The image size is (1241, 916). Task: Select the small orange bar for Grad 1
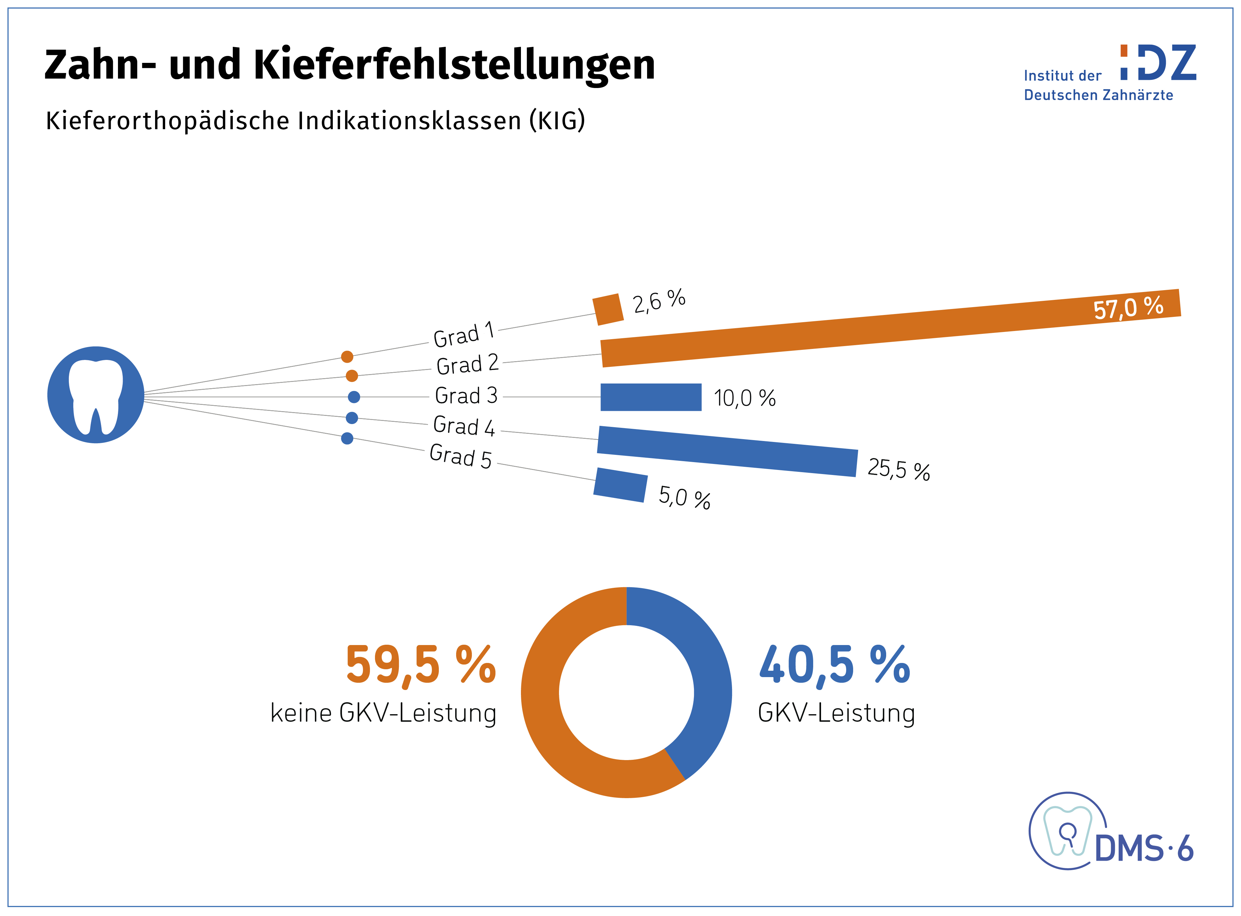pyautogui.click(x=608, y=309)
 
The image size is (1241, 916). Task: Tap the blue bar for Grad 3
pyautogui.click(x=651, y=397)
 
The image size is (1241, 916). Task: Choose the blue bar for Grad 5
pyautogui.click(x=620, y=485)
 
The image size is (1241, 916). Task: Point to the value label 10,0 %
pyautogui.click(x=745, y=398)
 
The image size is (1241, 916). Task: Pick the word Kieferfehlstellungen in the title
pyautogui.click(x=454, y=64)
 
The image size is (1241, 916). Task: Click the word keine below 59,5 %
pyautogui.click(x=301, y=713)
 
